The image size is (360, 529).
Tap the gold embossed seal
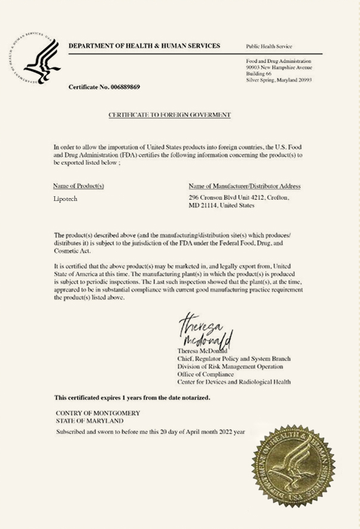coord(292,466)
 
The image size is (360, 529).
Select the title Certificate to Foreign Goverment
coord(169,115)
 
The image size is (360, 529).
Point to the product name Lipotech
coord(65,199)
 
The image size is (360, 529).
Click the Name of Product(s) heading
coord(79,186)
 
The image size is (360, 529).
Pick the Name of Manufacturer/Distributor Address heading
coord(244,186)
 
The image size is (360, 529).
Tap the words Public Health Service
coord(269,46)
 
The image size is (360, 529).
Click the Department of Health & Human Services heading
coord(144,46)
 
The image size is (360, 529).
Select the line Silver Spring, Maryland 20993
coord(278,79)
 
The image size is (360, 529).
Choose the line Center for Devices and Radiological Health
coord(234,382)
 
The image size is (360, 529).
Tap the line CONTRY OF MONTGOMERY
coord(98,413)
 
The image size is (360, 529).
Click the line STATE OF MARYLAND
coord(90,420)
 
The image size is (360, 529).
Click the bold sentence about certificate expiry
coord(132,397)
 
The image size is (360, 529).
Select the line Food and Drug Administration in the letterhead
coord(278,61)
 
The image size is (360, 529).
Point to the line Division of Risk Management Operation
coord(229,366)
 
